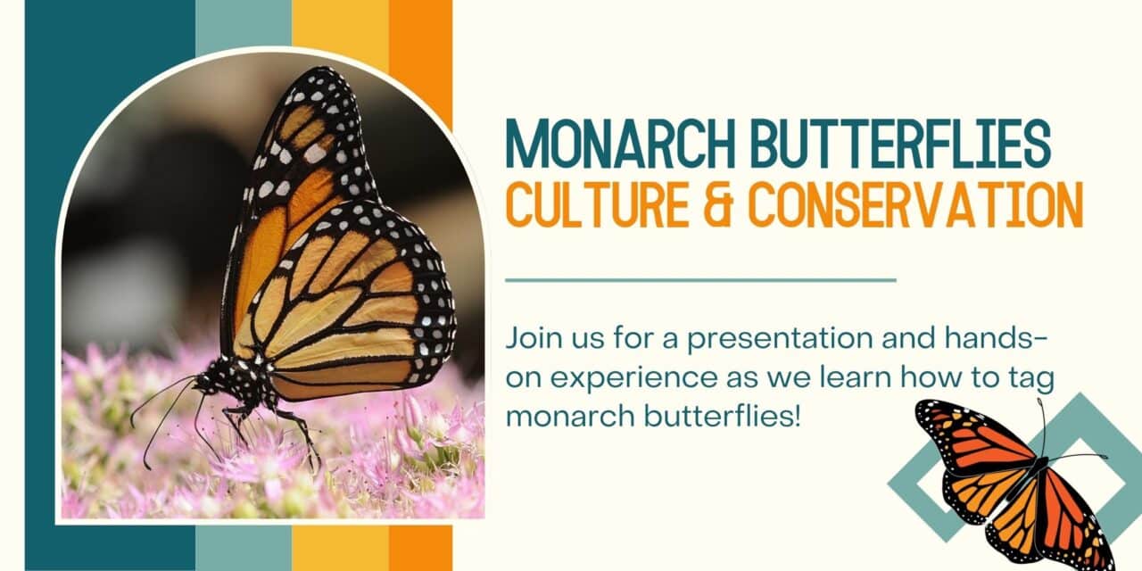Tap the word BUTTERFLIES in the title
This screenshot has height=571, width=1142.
coord(901,144)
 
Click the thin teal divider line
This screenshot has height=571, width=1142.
coord(700,280)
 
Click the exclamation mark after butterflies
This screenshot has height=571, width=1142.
coord(798,416)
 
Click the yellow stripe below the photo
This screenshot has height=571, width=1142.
coord(341,548)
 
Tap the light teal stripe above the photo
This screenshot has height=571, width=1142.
coord(244,26)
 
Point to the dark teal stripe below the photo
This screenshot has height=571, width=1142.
coord(110,548)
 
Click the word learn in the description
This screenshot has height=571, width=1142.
coord(855,377)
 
